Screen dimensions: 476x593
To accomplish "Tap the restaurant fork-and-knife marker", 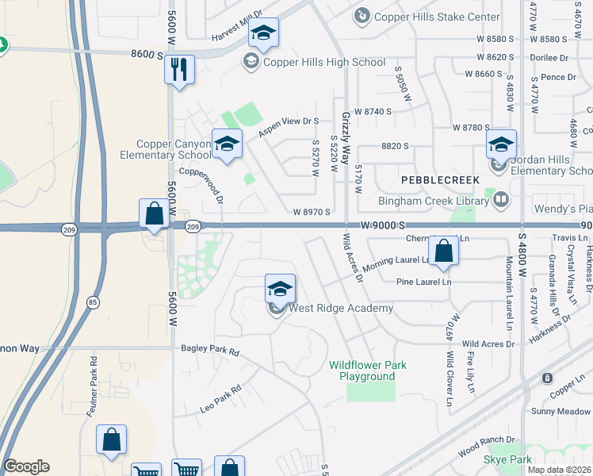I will [180, 70].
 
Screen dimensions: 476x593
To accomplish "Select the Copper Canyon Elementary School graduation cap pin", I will [228, 144].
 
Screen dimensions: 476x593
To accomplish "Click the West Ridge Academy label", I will [341, 308].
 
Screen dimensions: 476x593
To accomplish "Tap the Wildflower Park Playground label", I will [367, 370].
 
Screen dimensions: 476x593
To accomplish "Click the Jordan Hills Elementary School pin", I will [501, 145].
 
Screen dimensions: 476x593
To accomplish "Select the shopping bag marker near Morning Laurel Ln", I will [446, 251].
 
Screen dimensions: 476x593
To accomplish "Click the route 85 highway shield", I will [93, 301].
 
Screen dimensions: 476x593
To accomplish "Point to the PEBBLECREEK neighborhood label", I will [440, 180].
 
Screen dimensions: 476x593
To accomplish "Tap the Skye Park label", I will [507, 460].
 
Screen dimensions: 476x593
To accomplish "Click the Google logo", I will [26, 466].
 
